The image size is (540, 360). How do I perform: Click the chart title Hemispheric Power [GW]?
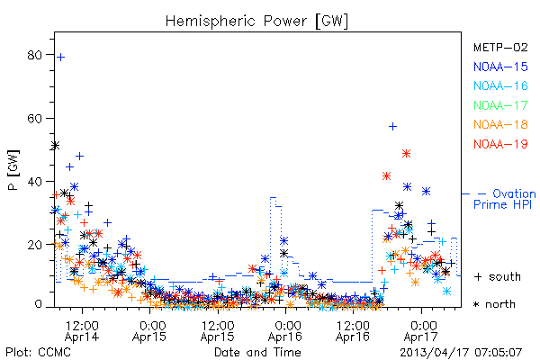[256, 22]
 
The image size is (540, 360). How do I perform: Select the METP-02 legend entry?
[500, 48]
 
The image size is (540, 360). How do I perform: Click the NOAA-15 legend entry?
[500, 67]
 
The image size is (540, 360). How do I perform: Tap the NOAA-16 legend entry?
[500, 85]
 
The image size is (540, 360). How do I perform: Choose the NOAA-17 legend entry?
[500, 105]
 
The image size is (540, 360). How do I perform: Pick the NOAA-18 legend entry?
[500, 124]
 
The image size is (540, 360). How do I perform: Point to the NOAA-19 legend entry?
[500, 144]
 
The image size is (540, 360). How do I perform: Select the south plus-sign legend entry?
[498, 276]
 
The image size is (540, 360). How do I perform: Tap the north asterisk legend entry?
[494, 304]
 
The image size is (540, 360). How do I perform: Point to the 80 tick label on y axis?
[34, 55]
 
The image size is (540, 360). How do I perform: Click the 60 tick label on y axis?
[34, 119]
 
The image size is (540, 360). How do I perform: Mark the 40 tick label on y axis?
[34, 182]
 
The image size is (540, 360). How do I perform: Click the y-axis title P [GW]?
[13, 170]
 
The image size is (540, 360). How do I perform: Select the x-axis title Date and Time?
[257, 352]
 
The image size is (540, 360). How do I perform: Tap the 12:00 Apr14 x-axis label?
[82, 331]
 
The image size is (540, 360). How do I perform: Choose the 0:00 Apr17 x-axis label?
[421, 331]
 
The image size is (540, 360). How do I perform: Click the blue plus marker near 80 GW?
[60, 58]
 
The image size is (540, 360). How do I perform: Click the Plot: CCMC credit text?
[38, 352]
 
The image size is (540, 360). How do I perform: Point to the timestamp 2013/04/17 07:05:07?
[461, 353]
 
